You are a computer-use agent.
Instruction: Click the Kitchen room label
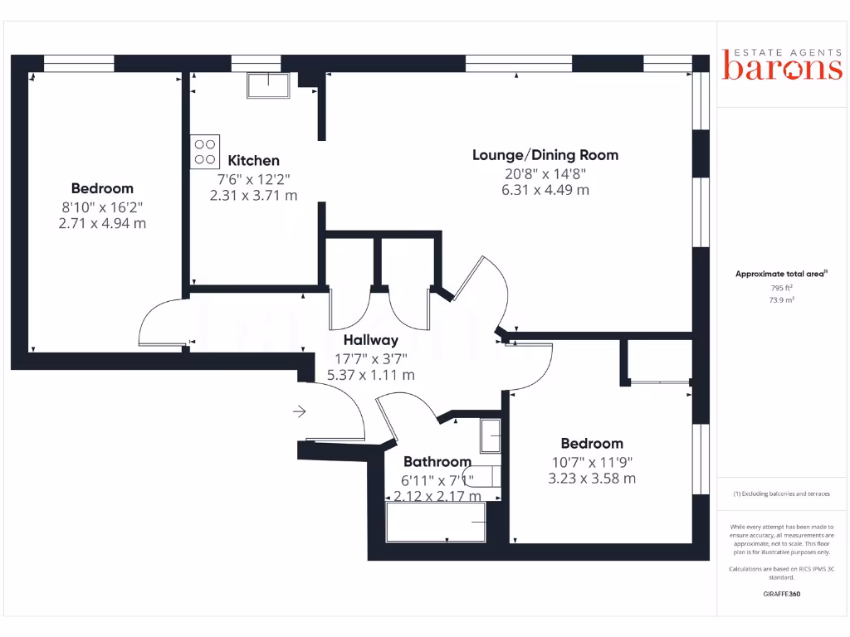coord(253,160)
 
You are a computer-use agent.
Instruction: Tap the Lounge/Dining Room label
coord(545,155)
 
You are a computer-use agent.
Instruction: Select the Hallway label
coord(370,340)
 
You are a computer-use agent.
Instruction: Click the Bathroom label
coord(437,462)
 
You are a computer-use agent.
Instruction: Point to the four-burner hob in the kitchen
coord(205,152)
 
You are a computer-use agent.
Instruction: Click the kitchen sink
coord(266,85)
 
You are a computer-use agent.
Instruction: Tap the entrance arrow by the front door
coord(299,411)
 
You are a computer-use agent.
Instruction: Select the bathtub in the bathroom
coord(436,522)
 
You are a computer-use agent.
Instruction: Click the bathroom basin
coord(490,435)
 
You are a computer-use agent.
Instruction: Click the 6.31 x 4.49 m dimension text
coord(545,190)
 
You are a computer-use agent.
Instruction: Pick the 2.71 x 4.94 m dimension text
coord(102,223)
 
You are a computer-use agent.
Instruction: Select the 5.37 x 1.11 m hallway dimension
coord(370,375)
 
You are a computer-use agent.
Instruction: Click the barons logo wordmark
coord(782,68)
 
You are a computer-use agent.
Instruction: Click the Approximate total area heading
coord(781,274)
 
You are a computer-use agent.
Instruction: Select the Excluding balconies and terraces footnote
coord(781,494)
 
